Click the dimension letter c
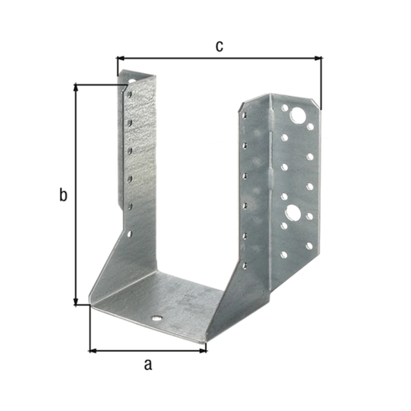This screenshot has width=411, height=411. click(x=219, y=47)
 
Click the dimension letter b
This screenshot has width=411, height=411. click(x=63, y=195)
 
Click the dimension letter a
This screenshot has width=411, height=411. click(x=148, y=365)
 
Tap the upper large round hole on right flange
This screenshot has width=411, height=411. click(x=298, y=115)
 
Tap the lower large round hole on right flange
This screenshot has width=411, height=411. click(x=293, y=212)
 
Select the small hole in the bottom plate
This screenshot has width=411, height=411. click(x=157, y=318)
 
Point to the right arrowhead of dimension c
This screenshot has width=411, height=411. click(x=318, y=58)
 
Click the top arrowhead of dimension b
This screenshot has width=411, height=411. click(x=76, y=88)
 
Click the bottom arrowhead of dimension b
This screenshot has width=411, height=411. click(x=76, y=301)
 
